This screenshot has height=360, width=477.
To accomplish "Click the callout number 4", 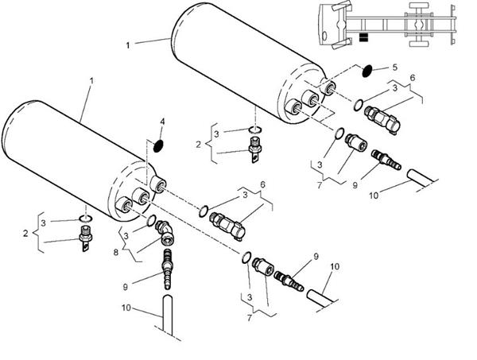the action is (162, 122).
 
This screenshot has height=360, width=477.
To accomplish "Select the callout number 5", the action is (395, 68).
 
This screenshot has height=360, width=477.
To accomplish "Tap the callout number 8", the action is (116, 252).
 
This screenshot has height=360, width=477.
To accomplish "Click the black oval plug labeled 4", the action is (158, 146).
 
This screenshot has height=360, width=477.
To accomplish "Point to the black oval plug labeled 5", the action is (366, 71).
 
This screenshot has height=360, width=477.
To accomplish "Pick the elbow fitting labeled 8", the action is (165, 232).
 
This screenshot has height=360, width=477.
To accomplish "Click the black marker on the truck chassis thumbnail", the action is (363, 37).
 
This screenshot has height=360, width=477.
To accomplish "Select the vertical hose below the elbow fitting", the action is (167, 315).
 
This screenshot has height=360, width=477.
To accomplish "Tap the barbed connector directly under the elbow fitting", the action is (167, 269).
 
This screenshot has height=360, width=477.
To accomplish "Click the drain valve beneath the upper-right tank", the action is (255, 149).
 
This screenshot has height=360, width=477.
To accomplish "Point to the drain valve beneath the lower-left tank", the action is (85, 238).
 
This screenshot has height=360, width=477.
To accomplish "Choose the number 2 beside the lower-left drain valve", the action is (25, 233).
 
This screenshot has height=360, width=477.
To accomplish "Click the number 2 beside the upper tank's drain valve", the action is (198, 145).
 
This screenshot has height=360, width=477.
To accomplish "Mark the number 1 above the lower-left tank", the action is (91, 81).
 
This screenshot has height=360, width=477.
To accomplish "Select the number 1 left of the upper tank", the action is (128, 45).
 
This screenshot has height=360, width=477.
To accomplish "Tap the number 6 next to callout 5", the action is (412, 78).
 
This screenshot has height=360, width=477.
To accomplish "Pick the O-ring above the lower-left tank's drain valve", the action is (86, 219).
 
